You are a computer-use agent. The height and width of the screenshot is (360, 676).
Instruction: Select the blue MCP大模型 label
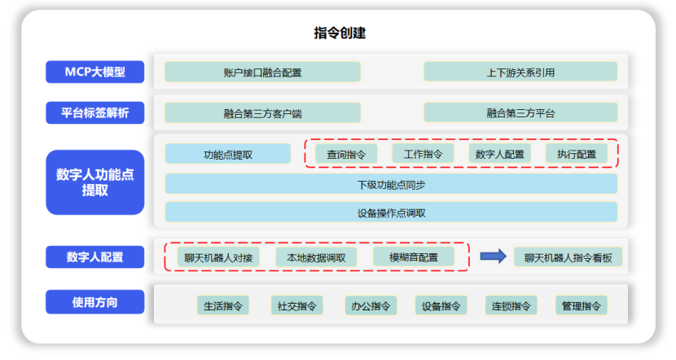coord(95,72)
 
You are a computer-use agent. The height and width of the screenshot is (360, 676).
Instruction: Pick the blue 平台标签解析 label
coord(95,112)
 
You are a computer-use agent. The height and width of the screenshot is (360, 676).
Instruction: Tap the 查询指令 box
coord(346,153)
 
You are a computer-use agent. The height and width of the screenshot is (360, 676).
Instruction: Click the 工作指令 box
coord(423,153)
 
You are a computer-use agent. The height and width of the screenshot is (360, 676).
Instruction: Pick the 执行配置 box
coord(576,153)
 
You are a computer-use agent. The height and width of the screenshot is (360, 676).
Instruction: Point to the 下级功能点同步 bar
coord(390,184)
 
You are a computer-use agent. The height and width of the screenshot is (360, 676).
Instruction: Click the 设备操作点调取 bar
coord(390,213)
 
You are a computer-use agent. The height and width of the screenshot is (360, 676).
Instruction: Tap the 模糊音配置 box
coord(414,257)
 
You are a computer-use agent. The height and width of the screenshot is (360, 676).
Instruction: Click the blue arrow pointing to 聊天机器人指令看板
coord(492,257)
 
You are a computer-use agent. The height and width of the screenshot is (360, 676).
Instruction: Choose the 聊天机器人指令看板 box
coord(568,257)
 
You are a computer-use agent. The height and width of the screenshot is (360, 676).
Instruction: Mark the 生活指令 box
coord(223,305)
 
